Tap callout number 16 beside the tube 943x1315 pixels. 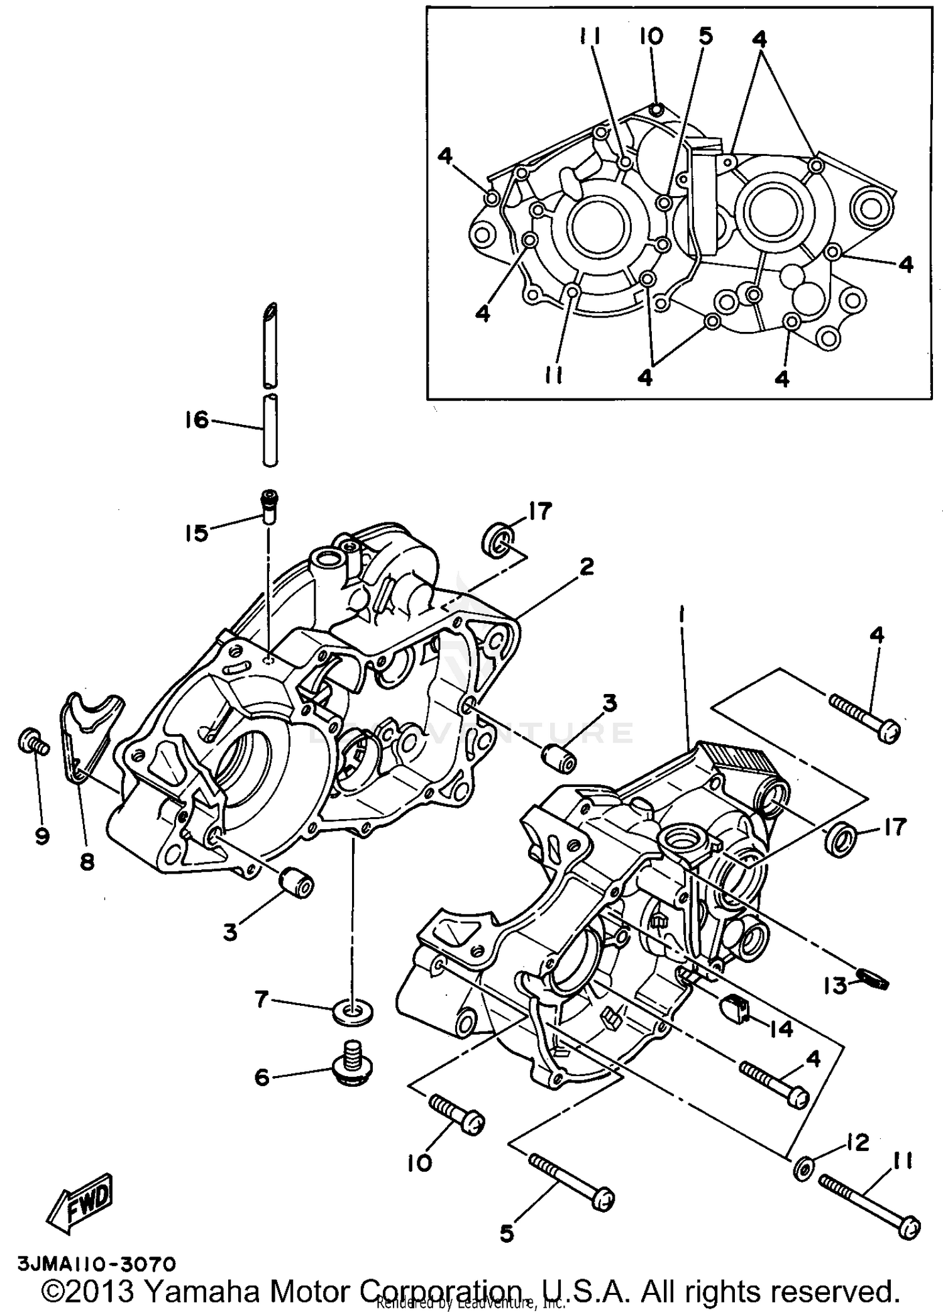coord(197,419)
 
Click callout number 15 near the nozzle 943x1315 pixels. coord(197,533)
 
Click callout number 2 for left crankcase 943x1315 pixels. coord(586,568)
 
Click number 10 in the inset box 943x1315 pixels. coord(651,36)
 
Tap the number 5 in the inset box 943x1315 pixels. coord(705,36)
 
